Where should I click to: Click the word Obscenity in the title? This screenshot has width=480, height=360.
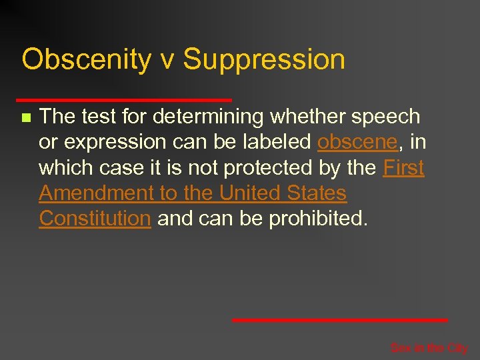point(86,60)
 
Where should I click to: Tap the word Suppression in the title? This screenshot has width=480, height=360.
point(264,60)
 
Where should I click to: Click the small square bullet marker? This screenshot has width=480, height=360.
point(25,118)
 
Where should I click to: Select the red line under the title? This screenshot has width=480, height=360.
point(127,100)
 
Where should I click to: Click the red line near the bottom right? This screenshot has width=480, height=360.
point(340,320)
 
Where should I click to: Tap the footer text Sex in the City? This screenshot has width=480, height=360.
point(429,348)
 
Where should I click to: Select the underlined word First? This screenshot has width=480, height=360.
point(404,168)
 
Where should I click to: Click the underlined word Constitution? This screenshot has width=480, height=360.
point(95,219)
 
